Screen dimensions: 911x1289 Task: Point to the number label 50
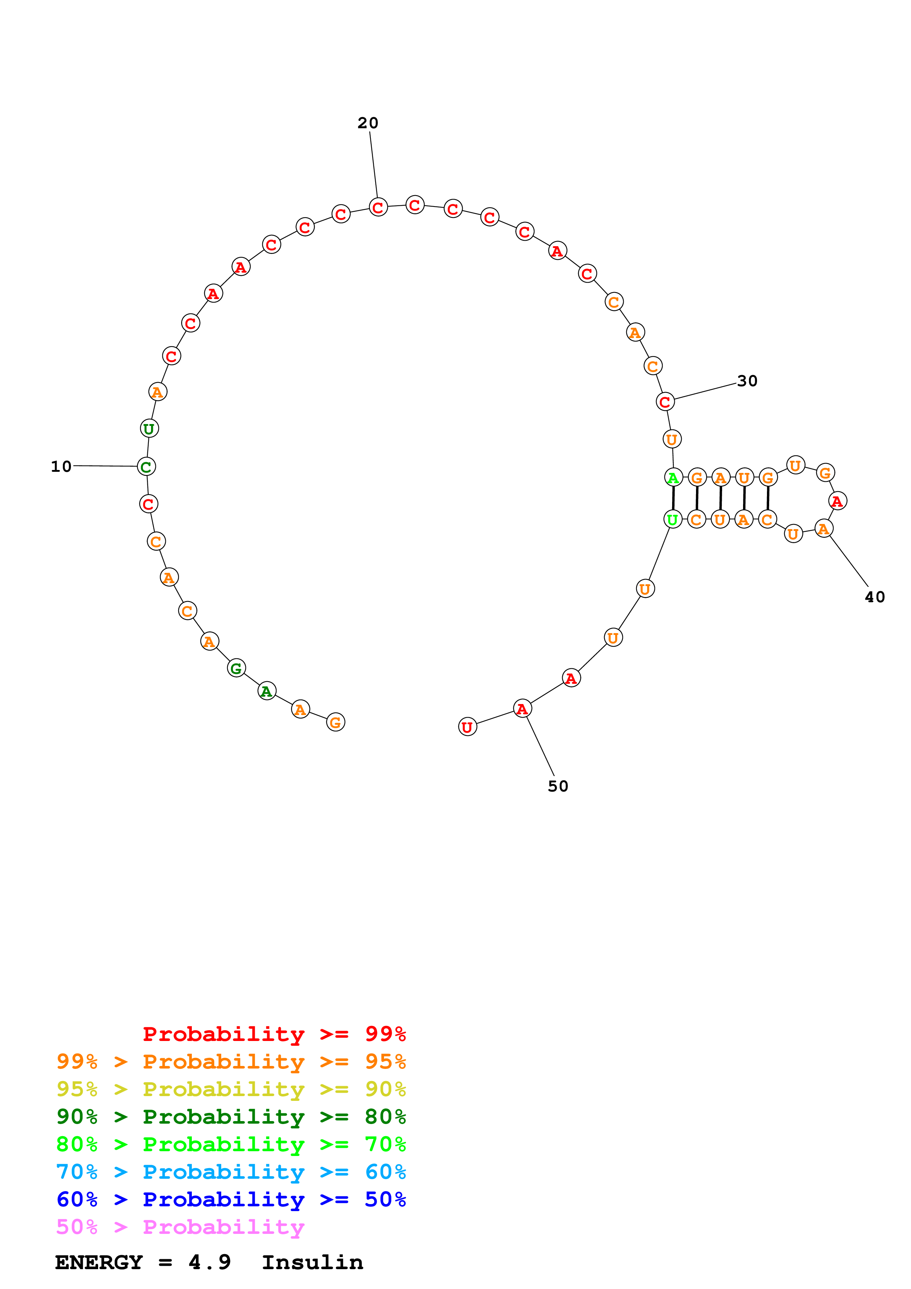point(558,786)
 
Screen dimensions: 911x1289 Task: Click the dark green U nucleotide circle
point(149,428)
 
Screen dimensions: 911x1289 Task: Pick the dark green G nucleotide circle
point(236,668)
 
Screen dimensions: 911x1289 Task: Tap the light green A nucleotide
point(673,478)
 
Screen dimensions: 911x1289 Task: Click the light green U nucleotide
point(673,519)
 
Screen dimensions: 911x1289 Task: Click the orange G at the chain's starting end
point(336,722)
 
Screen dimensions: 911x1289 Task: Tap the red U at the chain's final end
point(467,727)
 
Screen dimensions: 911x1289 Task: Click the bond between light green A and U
point(673,499)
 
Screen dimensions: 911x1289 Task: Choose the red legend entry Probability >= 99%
point(274,1034)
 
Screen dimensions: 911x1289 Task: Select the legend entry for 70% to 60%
point(231,1172)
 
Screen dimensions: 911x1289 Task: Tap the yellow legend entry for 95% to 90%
point(231,1089)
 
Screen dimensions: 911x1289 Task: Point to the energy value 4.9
point(209,1262)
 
